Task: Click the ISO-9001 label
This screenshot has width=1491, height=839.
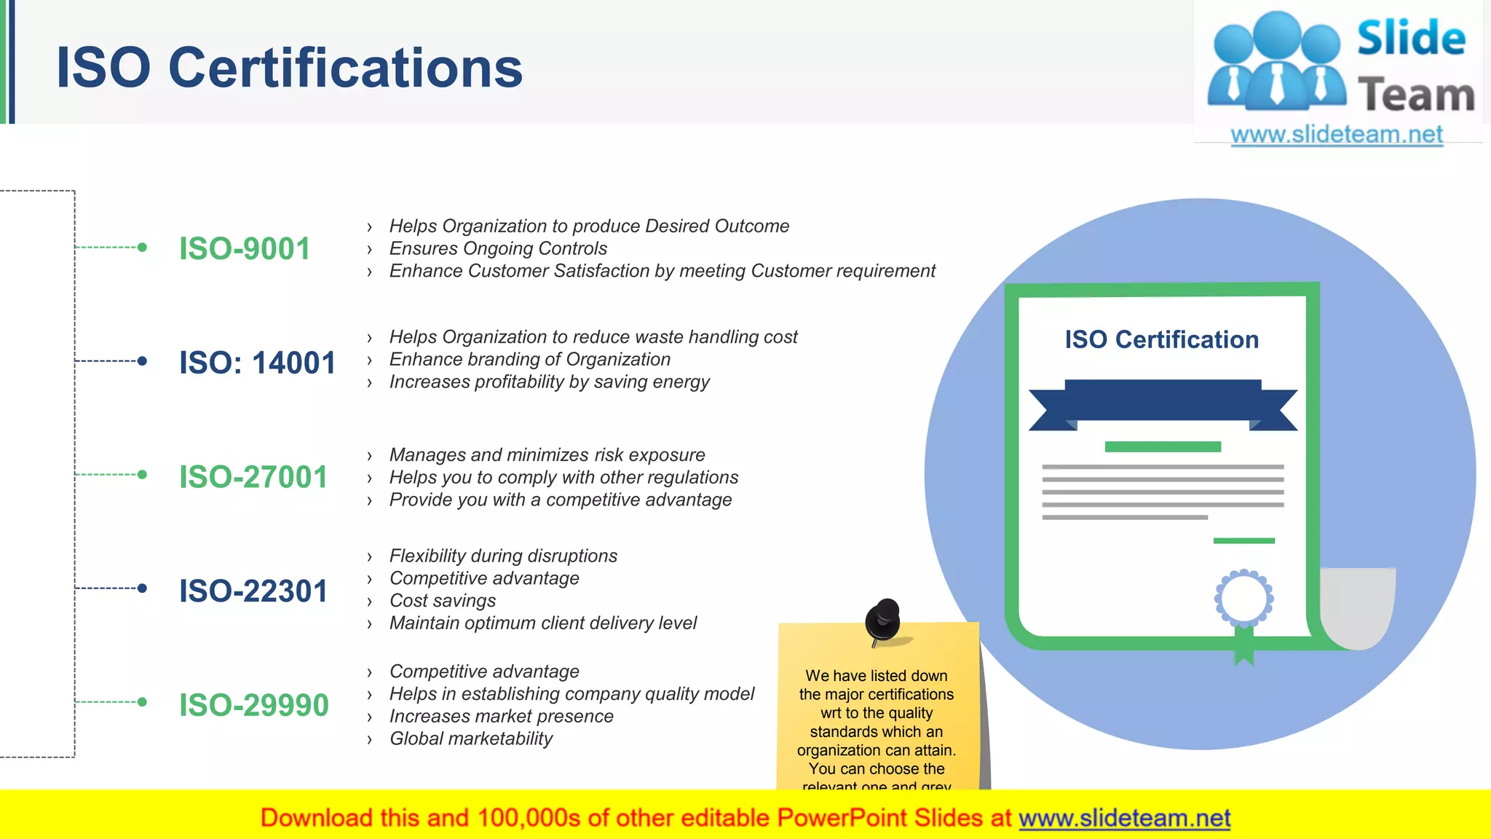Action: point(245,249)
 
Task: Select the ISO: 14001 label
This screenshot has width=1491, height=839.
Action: point(257,363)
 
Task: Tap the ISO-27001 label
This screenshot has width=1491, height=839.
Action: point(253,477)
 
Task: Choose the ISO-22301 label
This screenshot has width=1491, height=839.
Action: point(253,591)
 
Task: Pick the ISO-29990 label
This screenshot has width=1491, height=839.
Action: point(254,705)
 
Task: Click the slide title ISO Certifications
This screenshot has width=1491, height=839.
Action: point(289,68)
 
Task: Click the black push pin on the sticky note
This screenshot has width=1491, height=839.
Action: point(883,621)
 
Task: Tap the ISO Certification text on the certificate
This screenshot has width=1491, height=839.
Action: point(1161,339)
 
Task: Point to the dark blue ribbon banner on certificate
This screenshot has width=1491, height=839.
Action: point(1163,401)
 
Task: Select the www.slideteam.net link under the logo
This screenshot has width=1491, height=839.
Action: point(1337,135)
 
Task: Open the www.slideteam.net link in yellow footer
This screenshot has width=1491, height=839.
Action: point(1124,818)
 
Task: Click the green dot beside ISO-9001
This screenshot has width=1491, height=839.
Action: point(142,248)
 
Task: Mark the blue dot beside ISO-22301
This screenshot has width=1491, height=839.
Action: point(142,588)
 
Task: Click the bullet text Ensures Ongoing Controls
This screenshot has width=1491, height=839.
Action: point(498,248)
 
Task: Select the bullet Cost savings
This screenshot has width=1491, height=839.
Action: point(443,601)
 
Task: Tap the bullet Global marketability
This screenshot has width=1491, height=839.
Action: point(471,738)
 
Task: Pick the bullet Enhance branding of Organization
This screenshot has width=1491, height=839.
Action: point(529,359)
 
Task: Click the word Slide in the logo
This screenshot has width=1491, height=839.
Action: point(1411,38)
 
